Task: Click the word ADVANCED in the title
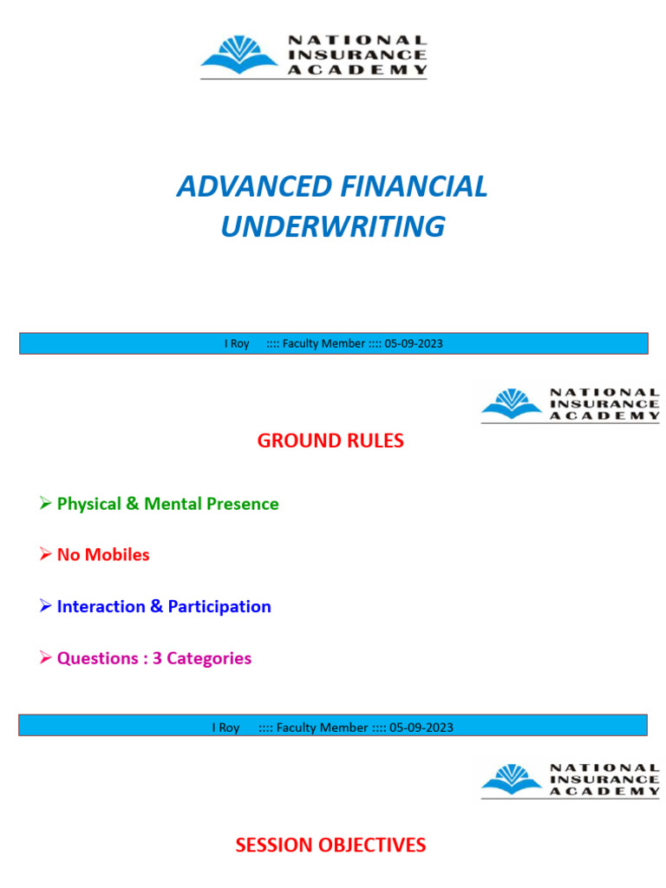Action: [x=255, y=186]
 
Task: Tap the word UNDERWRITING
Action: [x=333, y=226]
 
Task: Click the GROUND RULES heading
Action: [x=330, y=441]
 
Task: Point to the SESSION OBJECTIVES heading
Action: [x=330, y=845]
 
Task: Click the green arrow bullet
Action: [x=45, y=503]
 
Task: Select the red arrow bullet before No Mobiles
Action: [x=45, y=554]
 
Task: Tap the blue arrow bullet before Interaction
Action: [x=45, y=606]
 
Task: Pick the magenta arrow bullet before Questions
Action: [x=45, y=657]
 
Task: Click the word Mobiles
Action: [x=117, y=554]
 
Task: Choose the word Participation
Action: [x=219, y=606]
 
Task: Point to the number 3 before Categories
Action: [x=158, y=658]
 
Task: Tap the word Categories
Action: [x=209, y=658]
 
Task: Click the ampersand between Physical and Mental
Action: [x=133, y=504]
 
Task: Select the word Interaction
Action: [x=101, y=606]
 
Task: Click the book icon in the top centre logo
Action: [x=239, y=55]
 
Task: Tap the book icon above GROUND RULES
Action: [x=512, y=404]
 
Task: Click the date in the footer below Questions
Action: [x=421, y=728]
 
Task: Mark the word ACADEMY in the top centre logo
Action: [x=357, y=69]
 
